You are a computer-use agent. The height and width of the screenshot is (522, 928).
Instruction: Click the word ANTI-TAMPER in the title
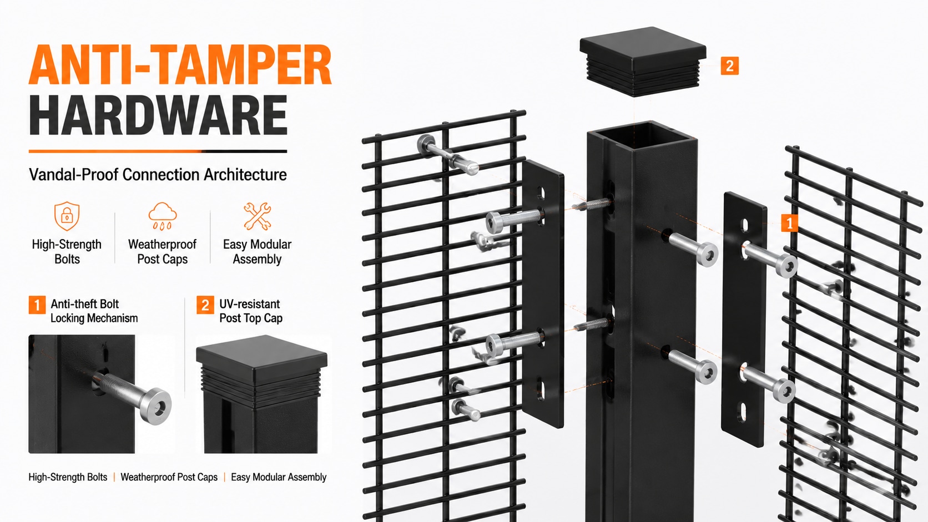pos(180,64)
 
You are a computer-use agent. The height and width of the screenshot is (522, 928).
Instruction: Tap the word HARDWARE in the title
pos(158,115)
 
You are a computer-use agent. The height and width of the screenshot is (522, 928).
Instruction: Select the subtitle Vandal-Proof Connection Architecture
pos(158,175)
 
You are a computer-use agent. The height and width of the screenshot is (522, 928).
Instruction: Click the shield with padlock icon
pos(67,216)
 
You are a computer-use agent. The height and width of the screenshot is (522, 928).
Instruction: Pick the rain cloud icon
pos(163,216)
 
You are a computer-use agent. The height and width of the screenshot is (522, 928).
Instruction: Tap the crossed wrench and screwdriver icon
pos(258,216)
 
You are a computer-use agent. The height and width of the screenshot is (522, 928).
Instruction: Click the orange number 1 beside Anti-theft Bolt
pos(37,305)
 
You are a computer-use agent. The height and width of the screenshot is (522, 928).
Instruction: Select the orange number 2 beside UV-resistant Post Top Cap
pos(205,305)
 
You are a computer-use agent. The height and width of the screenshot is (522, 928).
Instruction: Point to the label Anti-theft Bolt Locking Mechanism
pos(94,311)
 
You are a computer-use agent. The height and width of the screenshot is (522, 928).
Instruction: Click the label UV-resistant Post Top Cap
pos(251,311)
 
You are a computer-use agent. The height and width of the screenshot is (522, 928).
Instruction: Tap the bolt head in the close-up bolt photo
pos(155,406)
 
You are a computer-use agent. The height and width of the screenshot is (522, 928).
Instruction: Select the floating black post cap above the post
pos(643,61)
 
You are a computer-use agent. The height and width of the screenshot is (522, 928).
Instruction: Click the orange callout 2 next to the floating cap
pos(729,66)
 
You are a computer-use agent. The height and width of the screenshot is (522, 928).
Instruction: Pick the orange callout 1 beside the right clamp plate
pos(789,224)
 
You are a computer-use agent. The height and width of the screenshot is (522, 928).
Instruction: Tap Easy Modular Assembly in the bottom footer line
pos(279,477)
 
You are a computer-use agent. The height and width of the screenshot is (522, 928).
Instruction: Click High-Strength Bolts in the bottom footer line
pos(68,477)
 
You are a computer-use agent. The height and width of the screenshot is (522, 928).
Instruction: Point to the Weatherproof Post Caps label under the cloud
pos(163,252)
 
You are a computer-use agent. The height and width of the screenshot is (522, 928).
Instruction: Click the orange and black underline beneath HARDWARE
pos(158,151)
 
